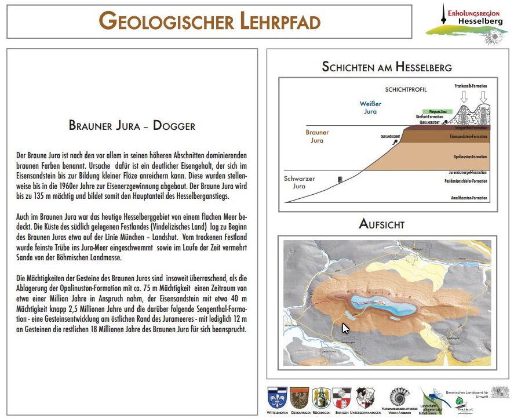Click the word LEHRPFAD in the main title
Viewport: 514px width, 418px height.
tap(277, 22)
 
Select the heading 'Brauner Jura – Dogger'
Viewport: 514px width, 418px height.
tap(132, 125)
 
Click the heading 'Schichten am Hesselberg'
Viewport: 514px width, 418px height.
tap(387, 67)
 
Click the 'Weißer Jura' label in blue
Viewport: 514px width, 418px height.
tap(370, 107)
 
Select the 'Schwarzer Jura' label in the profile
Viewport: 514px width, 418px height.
tap(299, 182)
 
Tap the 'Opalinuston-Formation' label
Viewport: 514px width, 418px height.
tap(470, 157)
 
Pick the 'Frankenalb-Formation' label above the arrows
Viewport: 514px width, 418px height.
tap(471, 86)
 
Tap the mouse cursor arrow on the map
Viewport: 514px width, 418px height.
tap(345, 328)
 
